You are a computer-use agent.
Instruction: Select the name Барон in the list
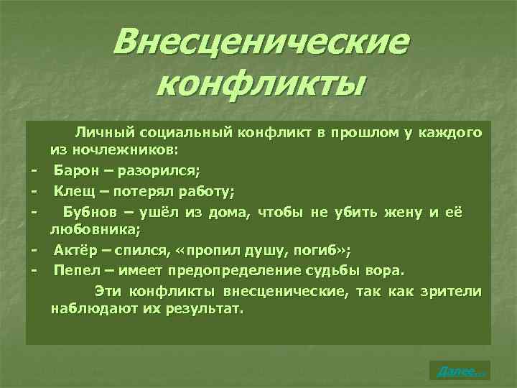pyautogui.click(x=75, y=171)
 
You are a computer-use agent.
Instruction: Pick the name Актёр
pyautogui.click(x=76, y=250)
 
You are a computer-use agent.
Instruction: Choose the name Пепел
pyautogui.click(x=75, y=271)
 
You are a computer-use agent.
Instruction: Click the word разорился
pyautogui.click(x=167, y=171)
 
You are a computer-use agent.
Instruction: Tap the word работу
pyautogui.click(x=208, y=192)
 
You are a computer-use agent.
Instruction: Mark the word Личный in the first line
pyautogui.click(x=101, y=132)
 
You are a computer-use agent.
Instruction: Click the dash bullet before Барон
pyautogui.click(x=34, y=171)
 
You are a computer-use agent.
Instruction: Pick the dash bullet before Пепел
pyautogui.click(x=34, y=271)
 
